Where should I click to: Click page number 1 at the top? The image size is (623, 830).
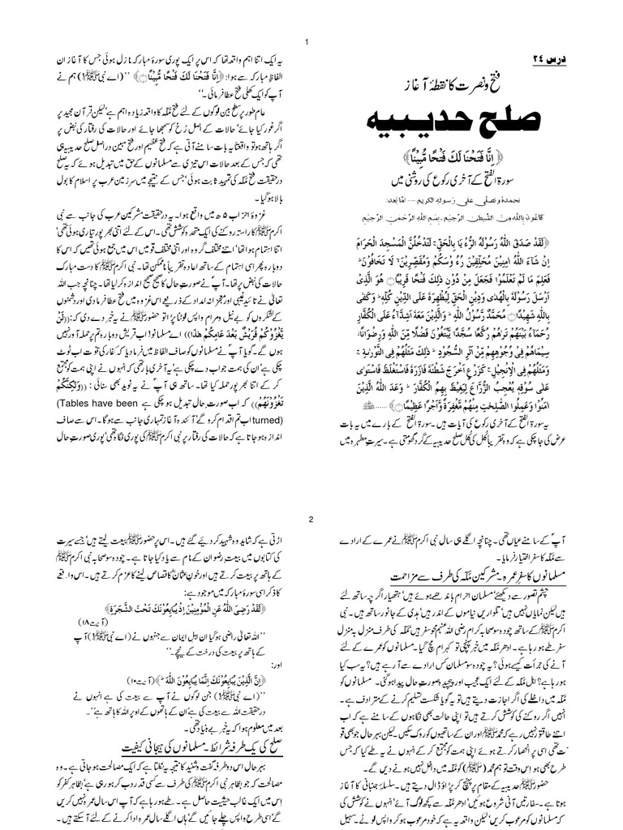306,42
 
